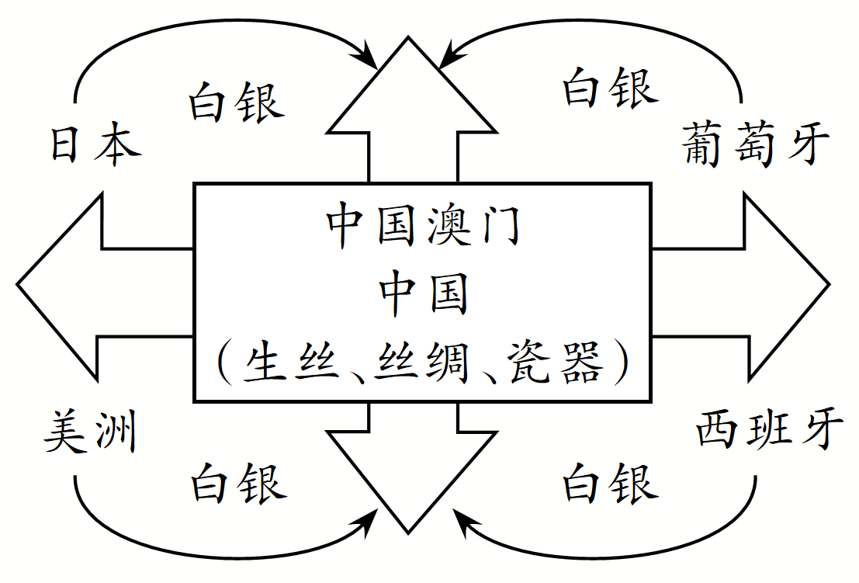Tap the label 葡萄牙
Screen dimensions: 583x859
(x=757, y=144)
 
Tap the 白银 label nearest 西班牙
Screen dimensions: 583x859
(x=610, y=482)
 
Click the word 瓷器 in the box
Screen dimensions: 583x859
(x=554, y=363)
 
